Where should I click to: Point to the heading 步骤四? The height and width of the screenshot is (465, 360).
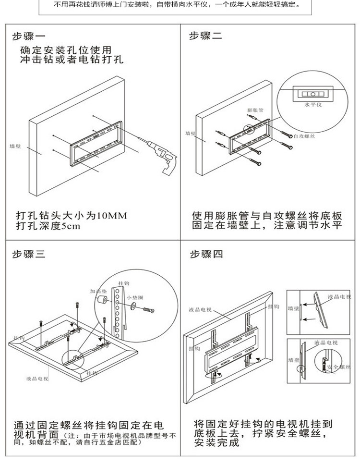click(206, 255)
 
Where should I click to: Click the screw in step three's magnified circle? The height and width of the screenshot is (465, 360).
click(147, 310)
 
